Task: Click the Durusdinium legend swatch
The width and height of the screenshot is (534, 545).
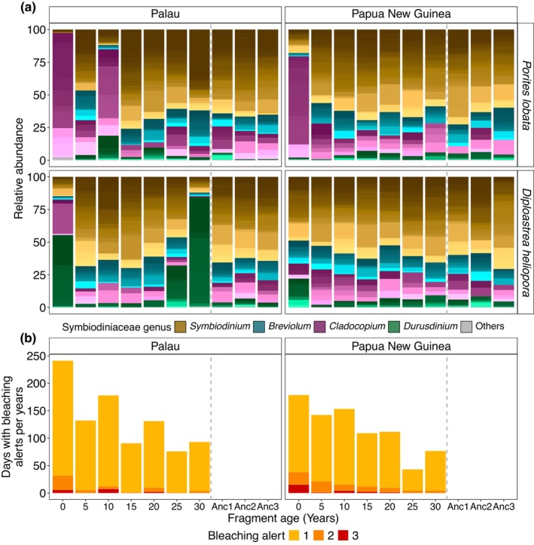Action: click(394, 326)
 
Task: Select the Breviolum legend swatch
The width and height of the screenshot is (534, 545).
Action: click(259, 326)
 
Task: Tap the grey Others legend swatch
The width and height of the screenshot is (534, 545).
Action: click(466, 326)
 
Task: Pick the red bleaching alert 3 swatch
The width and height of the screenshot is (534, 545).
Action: click(343, 536)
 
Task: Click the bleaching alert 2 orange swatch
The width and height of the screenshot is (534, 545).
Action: click(319, 536)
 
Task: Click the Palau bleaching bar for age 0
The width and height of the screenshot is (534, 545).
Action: click(63, 427)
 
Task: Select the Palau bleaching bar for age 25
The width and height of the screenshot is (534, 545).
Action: click(177, 472)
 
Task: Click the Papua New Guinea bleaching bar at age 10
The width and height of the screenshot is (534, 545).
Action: click(344, 451)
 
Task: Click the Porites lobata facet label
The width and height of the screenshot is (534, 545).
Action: click(526, 95)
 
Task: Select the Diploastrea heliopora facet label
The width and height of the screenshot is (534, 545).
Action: click(526, 243)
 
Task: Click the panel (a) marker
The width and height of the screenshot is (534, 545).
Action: click(28, 7)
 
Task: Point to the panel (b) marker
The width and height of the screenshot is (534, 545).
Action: click(28, 338)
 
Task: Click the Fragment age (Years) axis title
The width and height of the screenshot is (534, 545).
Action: click(283, 518)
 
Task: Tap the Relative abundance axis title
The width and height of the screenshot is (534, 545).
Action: click(19, 168)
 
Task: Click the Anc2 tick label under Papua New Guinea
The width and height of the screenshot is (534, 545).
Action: click(481, 507)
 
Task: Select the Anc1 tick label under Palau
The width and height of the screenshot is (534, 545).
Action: click(222, 507)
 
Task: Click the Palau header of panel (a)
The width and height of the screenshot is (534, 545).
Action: click(165, 14)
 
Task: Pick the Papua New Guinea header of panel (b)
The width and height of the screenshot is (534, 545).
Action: click(401, 346)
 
